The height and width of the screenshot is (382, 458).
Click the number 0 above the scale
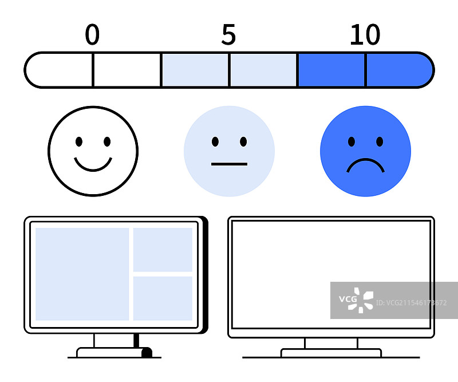[92, 36]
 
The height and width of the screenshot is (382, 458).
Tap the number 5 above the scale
[228, 36]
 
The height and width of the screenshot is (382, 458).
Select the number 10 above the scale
[365, 36]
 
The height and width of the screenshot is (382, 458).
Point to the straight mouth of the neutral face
[229, 164]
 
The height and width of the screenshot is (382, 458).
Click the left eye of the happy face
[79, 141]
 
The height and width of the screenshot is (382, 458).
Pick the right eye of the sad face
[379, 141]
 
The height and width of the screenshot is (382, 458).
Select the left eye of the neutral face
[215, 141]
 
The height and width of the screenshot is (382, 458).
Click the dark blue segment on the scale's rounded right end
[398, 70]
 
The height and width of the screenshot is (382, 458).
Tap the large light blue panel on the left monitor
[82, 274]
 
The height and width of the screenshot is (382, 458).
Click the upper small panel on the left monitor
[163, 249]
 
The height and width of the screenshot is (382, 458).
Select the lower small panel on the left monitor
[163, 298]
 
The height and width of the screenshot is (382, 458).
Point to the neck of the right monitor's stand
[331, 343]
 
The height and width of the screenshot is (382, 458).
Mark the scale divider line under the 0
[93, 70]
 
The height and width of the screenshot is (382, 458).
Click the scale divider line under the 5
[229, 70]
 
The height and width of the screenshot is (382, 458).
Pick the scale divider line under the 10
[365, 70]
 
